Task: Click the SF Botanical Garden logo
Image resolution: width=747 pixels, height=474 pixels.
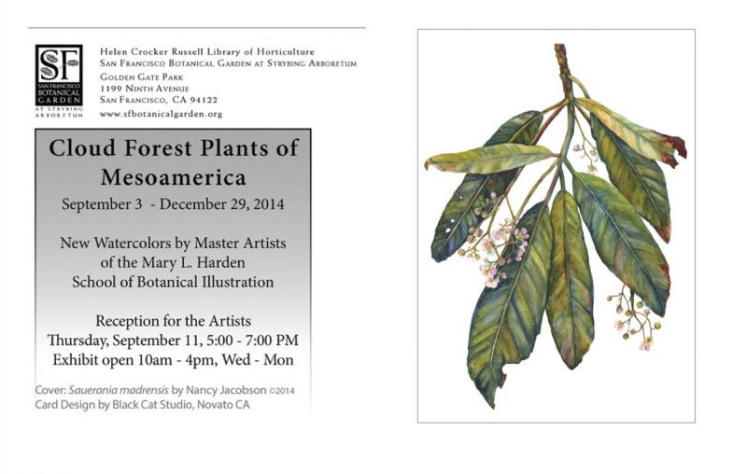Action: click(x=59, y=80)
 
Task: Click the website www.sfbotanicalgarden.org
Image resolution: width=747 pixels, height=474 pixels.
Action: click(x=161, y=114)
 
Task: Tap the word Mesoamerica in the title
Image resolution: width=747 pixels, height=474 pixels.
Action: click(x=174, y=177)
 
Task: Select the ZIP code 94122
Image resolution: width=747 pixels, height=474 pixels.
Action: click(x=204, y=100)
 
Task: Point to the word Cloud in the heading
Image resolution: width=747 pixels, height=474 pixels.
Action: click(x=82, y=148)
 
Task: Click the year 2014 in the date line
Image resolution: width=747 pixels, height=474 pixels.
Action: click(x=269, y=204)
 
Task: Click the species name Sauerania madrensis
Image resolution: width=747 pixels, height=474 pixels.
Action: click(x=119, y=390)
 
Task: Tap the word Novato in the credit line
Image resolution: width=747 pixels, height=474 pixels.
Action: click(x=213, y=405)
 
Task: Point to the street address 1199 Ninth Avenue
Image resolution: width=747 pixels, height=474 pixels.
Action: click(x=145, y=89)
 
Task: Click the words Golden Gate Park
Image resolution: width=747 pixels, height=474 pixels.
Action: click(x=142, y=77)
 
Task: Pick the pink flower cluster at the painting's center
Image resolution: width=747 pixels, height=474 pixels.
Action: click(x=501, y=253)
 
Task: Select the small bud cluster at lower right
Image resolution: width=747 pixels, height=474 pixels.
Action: click(x=635, y=317)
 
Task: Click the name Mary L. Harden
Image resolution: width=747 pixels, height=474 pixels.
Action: click(x=194, y=263)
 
